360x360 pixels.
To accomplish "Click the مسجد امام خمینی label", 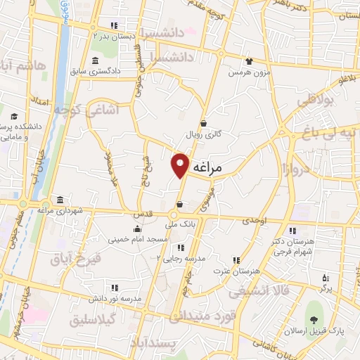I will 138,240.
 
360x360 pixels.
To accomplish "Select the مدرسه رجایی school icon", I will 181,247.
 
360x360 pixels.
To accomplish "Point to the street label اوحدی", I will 255,221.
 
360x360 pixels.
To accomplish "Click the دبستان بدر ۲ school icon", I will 113,26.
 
